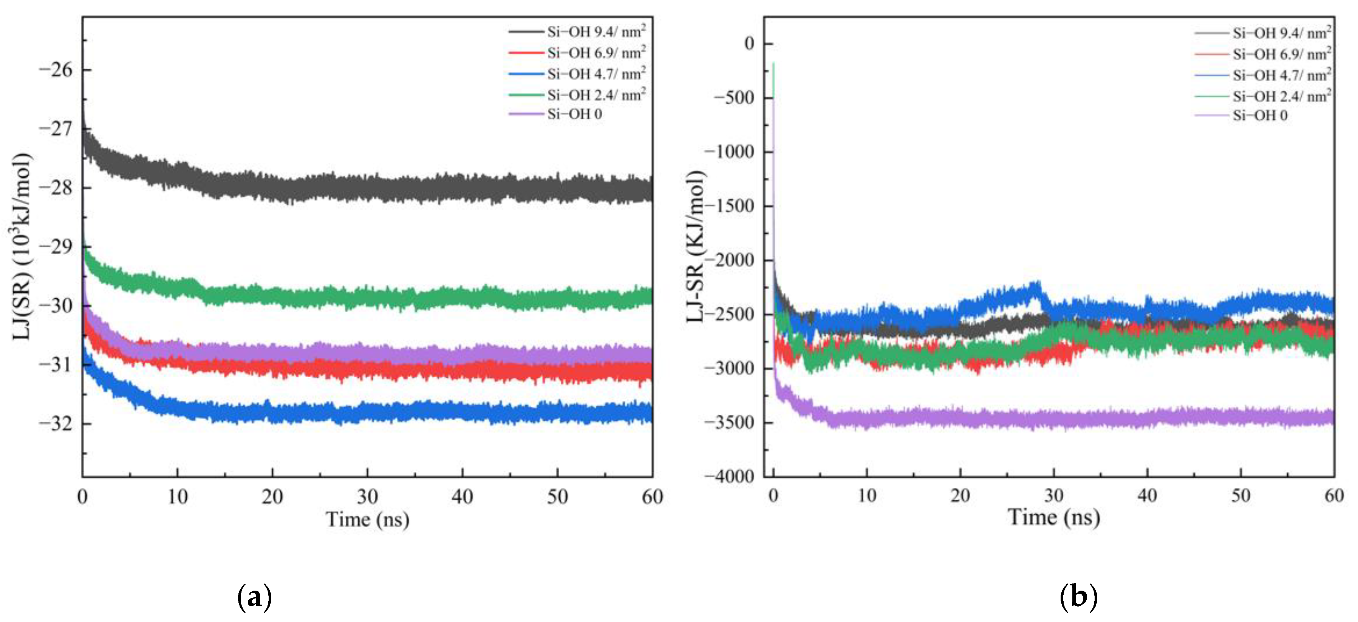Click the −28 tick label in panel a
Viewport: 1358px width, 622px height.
click(x=55, y=188)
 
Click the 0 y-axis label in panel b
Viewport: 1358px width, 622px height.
click(x=749, y=43)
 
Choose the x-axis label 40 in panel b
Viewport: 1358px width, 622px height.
click(x=1147, y=495)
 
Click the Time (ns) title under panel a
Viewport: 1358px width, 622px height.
click(x=367, y=520)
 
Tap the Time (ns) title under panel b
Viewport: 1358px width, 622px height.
click(x=1053, y=517)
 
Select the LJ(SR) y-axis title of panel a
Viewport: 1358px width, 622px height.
click(x=21, y=246)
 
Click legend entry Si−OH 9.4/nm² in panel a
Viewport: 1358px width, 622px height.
click(x=596, y=32)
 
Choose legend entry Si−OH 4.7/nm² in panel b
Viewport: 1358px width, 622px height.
click(x=1281, y=76)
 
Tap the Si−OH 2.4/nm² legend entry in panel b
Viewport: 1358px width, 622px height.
click(x=1281, y=96)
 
